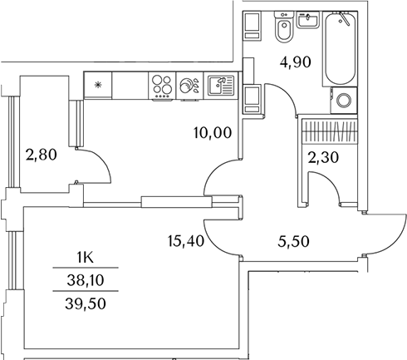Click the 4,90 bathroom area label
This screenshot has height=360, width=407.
click(295, 62)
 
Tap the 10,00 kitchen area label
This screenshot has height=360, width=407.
click(213, 133)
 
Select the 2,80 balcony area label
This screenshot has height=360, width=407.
click(42, 155)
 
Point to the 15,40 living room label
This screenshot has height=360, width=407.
click(186, 241)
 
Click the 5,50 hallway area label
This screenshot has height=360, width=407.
click(293, 241)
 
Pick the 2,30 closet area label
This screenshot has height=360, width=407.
click(323, 158)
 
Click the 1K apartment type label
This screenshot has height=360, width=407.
click(86, 259)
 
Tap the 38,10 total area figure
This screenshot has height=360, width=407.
click(86, 280)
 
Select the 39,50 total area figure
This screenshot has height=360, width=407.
click(86, 303)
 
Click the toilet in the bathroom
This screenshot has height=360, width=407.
click(284, 27)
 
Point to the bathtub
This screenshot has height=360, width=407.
click(340, 48)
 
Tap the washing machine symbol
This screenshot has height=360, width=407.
click(344, 100)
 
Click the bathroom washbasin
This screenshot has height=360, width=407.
click(307, 19)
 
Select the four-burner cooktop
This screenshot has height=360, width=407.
click(162, 86)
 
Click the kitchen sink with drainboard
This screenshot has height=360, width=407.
click(220, 85)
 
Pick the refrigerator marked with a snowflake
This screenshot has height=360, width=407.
click(98, 85)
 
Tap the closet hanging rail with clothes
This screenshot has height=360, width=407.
click(329, 131)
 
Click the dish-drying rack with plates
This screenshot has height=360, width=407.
click(189, 86)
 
